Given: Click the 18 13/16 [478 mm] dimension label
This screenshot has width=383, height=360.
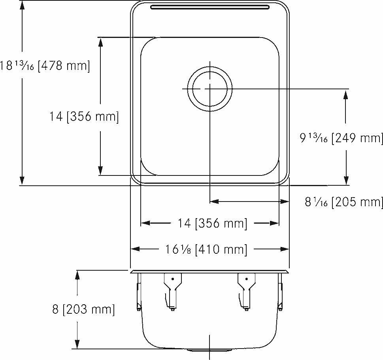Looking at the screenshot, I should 45,65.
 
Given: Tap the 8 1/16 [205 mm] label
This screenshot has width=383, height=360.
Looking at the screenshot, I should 343,202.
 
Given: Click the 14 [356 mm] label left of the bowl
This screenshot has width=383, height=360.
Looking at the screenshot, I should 84,117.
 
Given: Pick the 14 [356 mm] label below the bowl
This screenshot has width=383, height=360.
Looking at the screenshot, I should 213,223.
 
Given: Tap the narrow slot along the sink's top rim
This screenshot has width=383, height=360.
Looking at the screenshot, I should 210,7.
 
